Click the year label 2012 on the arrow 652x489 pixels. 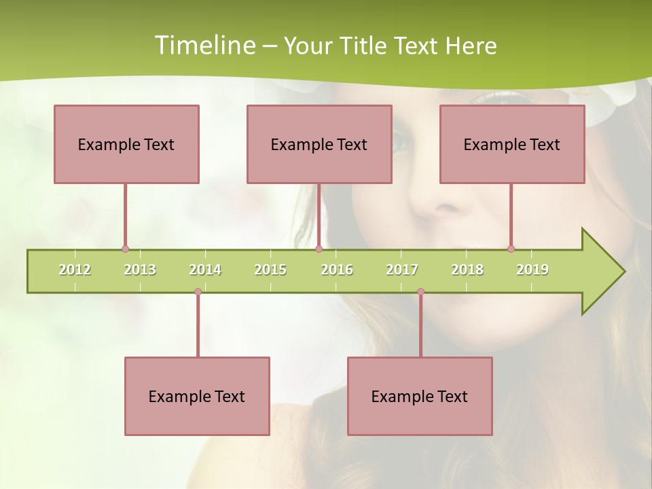(75, 270)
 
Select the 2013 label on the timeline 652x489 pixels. (140, 270)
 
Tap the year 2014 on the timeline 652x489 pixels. (205, 270)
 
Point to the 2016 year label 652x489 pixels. (337, 270)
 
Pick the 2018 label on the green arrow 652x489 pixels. (467, 270)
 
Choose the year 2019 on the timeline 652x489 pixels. (532, 270)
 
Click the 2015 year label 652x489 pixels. (270, 270)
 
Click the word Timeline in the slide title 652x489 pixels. (204, 46)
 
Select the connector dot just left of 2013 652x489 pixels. (125, 249)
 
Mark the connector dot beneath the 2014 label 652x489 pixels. (198, 291)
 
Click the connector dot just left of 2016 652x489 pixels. (319, 249)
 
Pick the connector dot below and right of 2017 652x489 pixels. (420, 291)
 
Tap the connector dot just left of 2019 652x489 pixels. (511, 249)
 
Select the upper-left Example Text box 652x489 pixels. (126, 144)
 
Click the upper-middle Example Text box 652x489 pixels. (319, 144)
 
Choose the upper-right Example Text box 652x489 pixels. (512, 144)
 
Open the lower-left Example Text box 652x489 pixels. (197, 396)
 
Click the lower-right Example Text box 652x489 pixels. (420, 396)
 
